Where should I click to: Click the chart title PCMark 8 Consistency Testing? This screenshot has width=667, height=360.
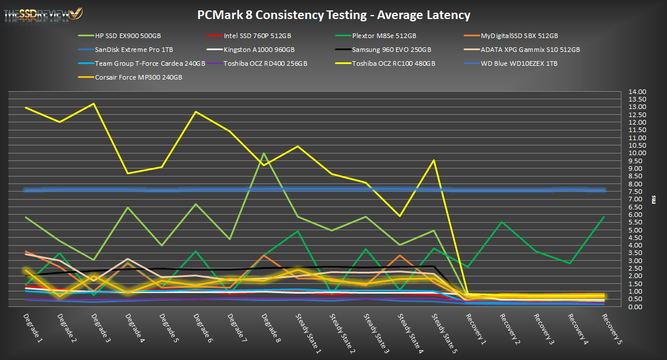pos(333,15)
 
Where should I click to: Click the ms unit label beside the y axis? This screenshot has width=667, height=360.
pos(654,199)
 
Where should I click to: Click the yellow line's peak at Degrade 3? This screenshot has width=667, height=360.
pos(94,104)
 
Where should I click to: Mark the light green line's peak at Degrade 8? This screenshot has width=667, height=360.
pos(264,153)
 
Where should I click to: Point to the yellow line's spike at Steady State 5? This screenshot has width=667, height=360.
pos(434,160)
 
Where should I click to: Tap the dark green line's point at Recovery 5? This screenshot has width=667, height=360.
pos(604,216)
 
